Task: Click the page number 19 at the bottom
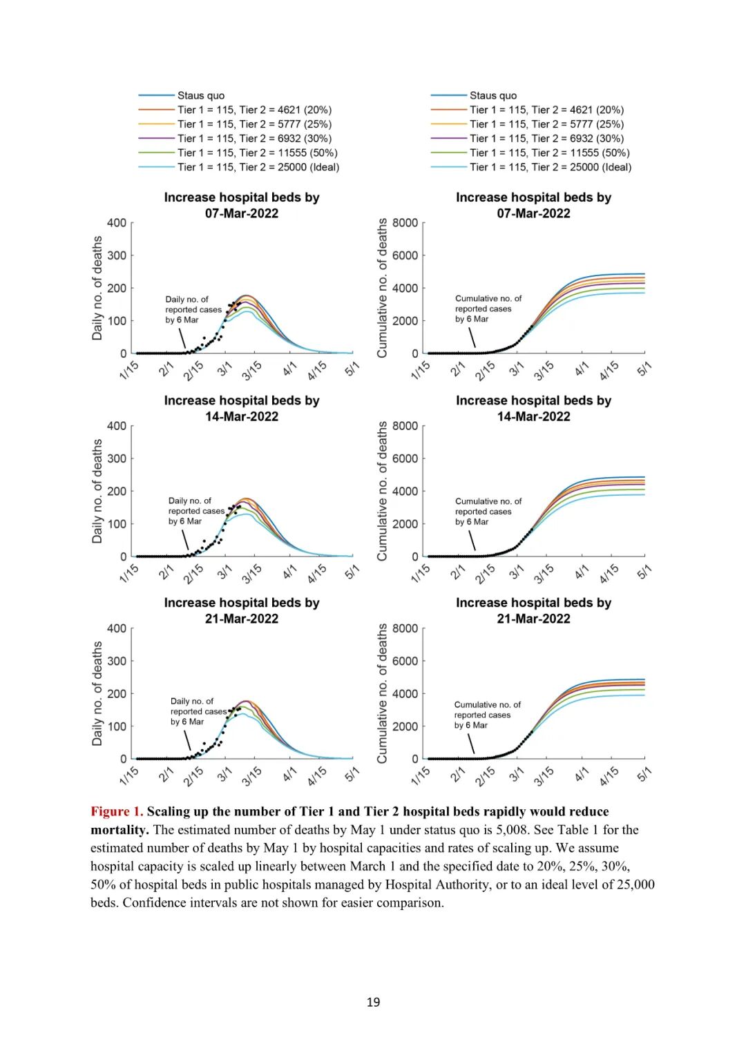click(x=373, y=1002)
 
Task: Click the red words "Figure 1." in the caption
click(x=117, y=811)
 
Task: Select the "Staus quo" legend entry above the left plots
click(x=200, y=95)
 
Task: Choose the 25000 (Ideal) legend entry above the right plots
click(x=551, y=167)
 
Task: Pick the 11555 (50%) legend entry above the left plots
click(x=257, y=153)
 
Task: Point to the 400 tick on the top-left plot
click(x=117, y=222)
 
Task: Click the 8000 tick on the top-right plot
click(x=405, y=222)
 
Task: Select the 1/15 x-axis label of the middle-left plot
click(x=129, y=573)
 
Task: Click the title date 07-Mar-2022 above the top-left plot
click(x=242, y=213)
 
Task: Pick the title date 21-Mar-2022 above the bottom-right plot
click(x=533, y=619)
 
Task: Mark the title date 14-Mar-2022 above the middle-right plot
click(x=533, y=416)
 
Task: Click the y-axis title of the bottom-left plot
click(x=97, y=693)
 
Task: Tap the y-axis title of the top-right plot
click(x=382, y=287)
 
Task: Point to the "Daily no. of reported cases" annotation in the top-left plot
click(x=193, y=309)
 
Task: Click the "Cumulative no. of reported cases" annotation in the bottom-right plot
click(x=487, y=715)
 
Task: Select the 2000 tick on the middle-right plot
click(x=405, y=524)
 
